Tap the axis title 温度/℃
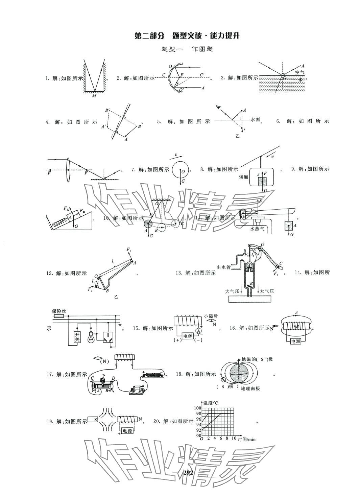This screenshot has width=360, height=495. coord(211,403)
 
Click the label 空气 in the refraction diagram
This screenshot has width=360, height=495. coord(299,72)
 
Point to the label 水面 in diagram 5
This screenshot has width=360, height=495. coord(255,120)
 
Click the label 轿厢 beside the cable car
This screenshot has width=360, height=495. coord(243,177)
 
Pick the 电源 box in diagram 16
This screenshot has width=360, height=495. coord(295,341)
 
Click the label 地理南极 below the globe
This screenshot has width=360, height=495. coord(250,388)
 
